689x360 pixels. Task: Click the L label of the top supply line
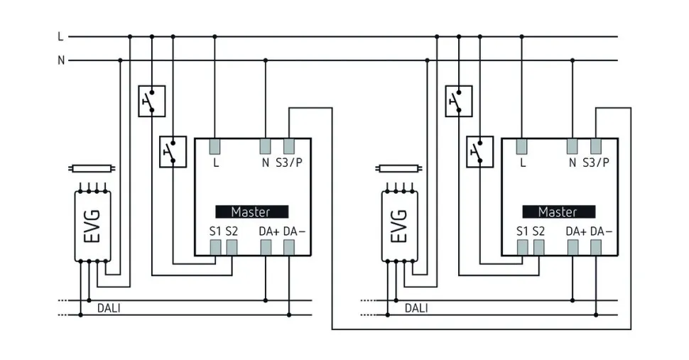(61, 36)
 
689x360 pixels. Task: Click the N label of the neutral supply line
(61, 60)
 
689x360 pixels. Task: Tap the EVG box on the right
(399, 226)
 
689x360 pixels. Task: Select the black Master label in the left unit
(252, 212)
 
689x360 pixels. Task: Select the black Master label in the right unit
(558, 212)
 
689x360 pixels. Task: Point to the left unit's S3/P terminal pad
(289, 146)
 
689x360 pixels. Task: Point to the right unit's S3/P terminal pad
(596, 146)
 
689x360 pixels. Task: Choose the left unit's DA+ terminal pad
(266, 246)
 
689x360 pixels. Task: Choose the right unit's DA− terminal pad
(596, 246)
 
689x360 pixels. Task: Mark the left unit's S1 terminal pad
(215, 246)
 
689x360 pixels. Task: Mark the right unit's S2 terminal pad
(538, 246)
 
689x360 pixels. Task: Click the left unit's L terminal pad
(215, 146)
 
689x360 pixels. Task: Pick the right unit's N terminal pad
(573, 146)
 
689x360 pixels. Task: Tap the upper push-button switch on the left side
(151, 101)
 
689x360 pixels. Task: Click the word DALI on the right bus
(416, 307)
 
